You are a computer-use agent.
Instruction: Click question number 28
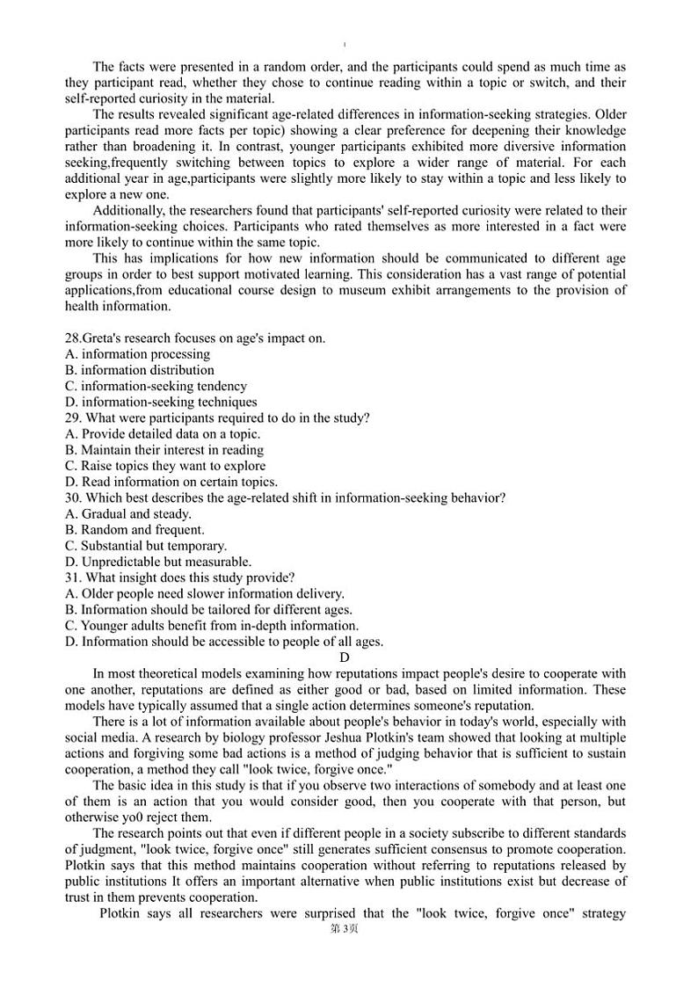click(x=73, y=338)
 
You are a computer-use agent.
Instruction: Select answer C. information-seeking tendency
click(x=156, y=386)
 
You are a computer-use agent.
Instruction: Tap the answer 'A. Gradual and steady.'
click(x=127, y=513)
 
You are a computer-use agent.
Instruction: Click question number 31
click(x=73, y=578)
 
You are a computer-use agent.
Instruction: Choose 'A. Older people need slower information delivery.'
click(x=204, y=594)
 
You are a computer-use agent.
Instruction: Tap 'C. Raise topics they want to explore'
click(x=164, y=466)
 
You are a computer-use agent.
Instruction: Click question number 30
click(x=74, y=498)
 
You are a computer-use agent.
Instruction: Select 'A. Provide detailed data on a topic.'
click(x=163, y=433)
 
